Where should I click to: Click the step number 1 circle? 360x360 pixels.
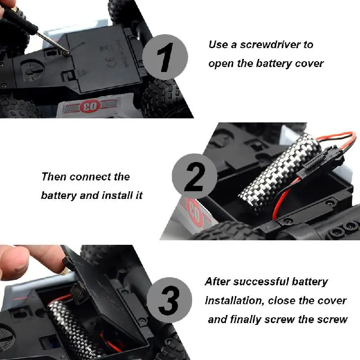[x=165, y=58]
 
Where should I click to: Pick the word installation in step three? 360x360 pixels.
[x=233, y=301]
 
